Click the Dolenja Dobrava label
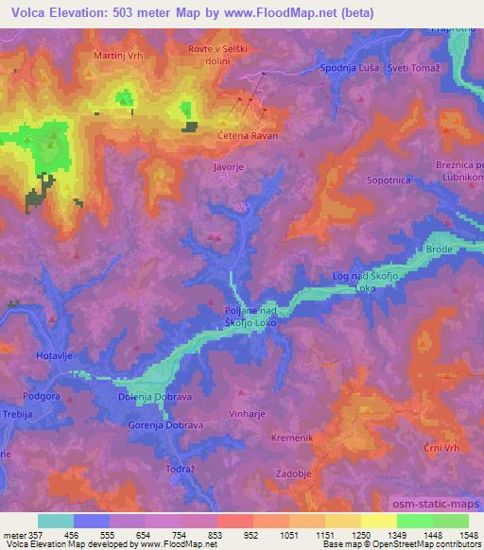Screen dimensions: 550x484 [155, 398]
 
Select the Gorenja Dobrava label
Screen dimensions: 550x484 [165, 426]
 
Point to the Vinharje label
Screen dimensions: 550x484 [251, 414]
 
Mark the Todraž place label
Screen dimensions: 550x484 [180, 469]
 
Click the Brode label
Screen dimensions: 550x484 [440, 249]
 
